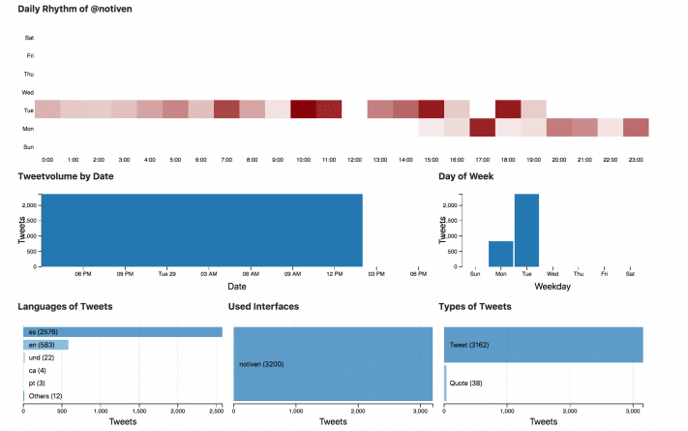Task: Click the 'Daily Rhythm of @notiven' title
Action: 75,9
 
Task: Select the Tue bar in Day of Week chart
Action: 526,230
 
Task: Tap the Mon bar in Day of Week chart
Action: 500,253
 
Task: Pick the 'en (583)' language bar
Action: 46,345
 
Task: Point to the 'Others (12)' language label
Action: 45,396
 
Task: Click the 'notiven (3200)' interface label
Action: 262,364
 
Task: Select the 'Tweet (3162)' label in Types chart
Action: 471,345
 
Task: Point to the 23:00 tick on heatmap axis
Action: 636,159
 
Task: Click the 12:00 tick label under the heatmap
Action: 354,159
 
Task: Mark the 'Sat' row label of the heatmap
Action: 29,38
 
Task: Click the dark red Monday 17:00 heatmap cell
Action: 482,127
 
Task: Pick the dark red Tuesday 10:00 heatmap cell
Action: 303,108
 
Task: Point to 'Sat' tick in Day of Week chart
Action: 631,274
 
